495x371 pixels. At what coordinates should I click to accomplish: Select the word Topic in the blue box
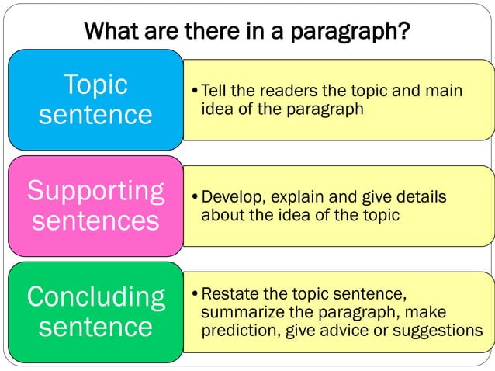(95, 85)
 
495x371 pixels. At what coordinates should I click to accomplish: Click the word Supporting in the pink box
(95, 191)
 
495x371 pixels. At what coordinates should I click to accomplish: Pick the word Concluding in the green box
(95, 296)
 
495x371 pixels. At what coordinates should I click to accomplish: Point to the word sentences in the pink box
(95, 221)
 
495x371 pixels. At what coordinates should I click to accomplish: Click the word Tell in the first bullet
(213, 92)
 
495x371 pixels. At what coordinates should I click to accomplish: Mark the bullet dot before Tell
(195, 92)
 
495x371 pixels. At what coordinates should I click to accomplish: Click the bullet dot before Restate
(195, 295)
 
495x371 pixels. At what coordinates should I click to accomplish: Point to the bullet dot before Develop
(195, 199)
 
